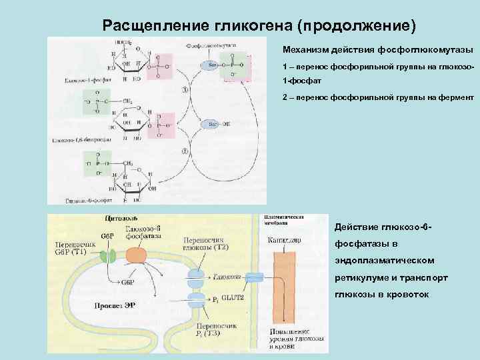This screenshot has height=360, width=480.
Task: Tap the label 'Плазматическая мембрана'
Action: point(284,221)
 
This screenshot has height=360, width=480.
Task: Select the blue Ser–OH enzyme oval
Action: point(213,124)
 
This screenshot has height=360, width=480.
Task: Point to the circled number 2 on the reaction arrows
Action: point(185,152)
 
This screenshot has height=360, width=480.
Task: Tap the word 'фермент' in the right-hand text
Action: point(456,97)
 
